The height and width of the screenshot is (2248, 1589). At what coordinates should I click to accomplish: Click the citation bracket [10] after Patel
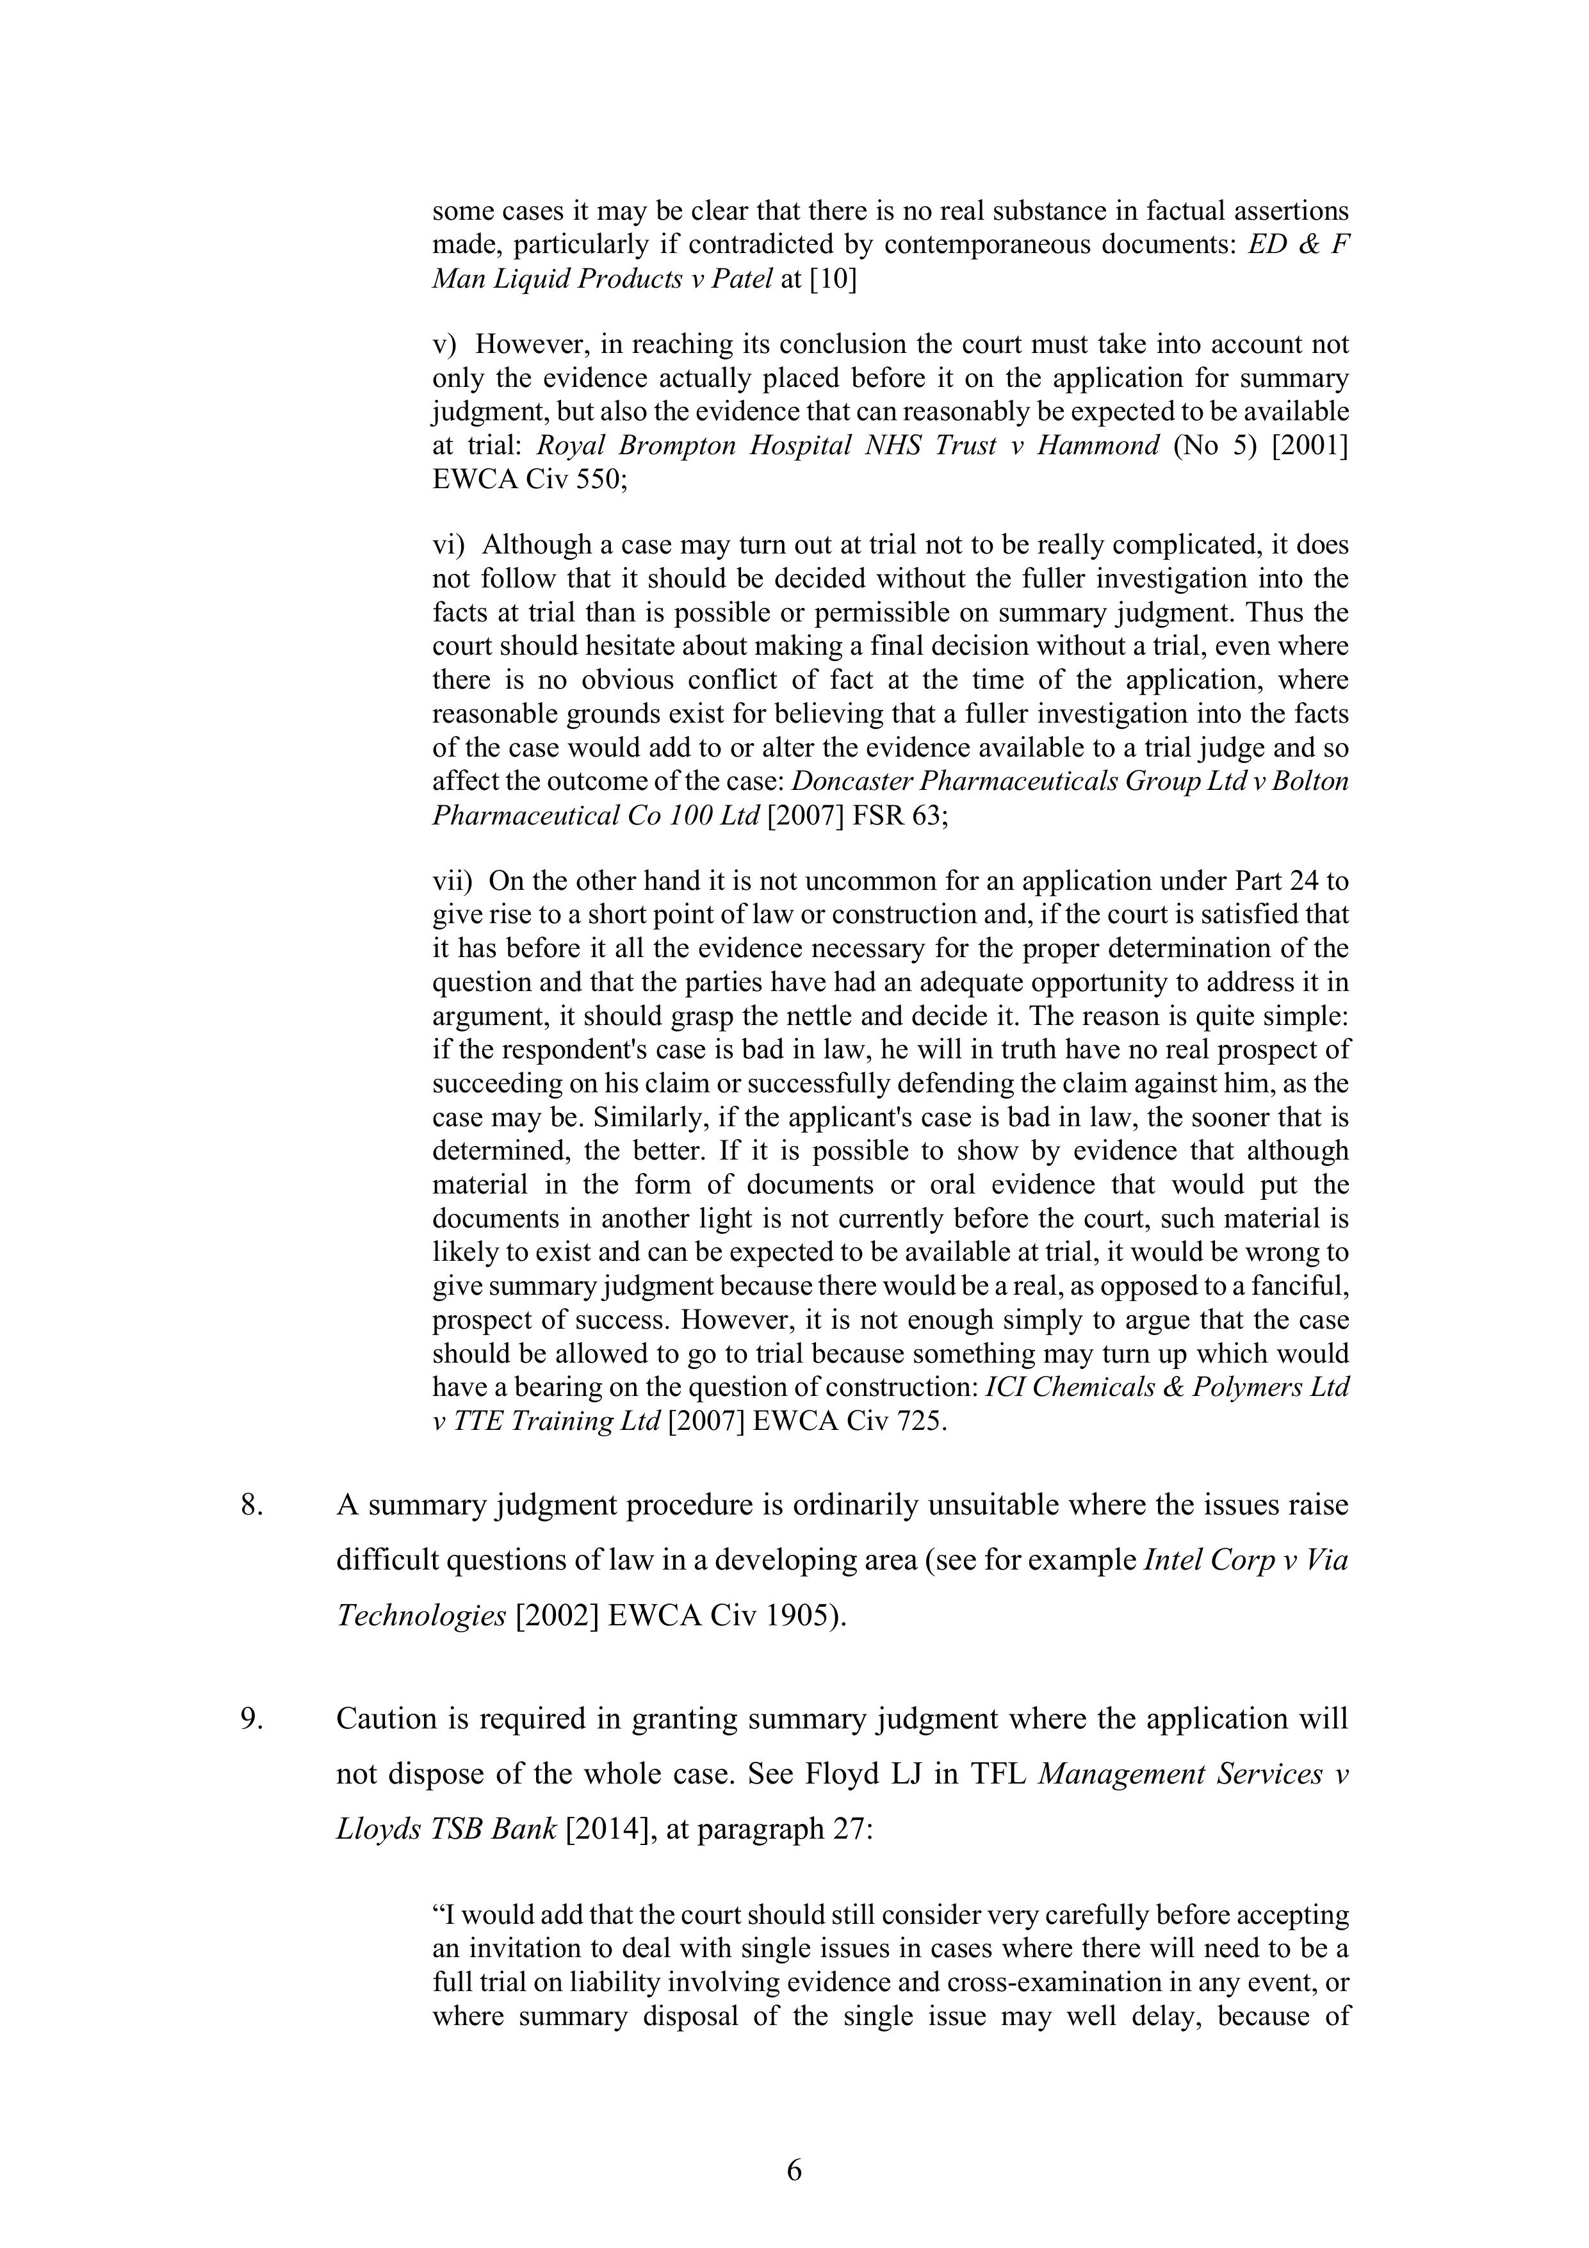pyautogui.click(x=832, y=279)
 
